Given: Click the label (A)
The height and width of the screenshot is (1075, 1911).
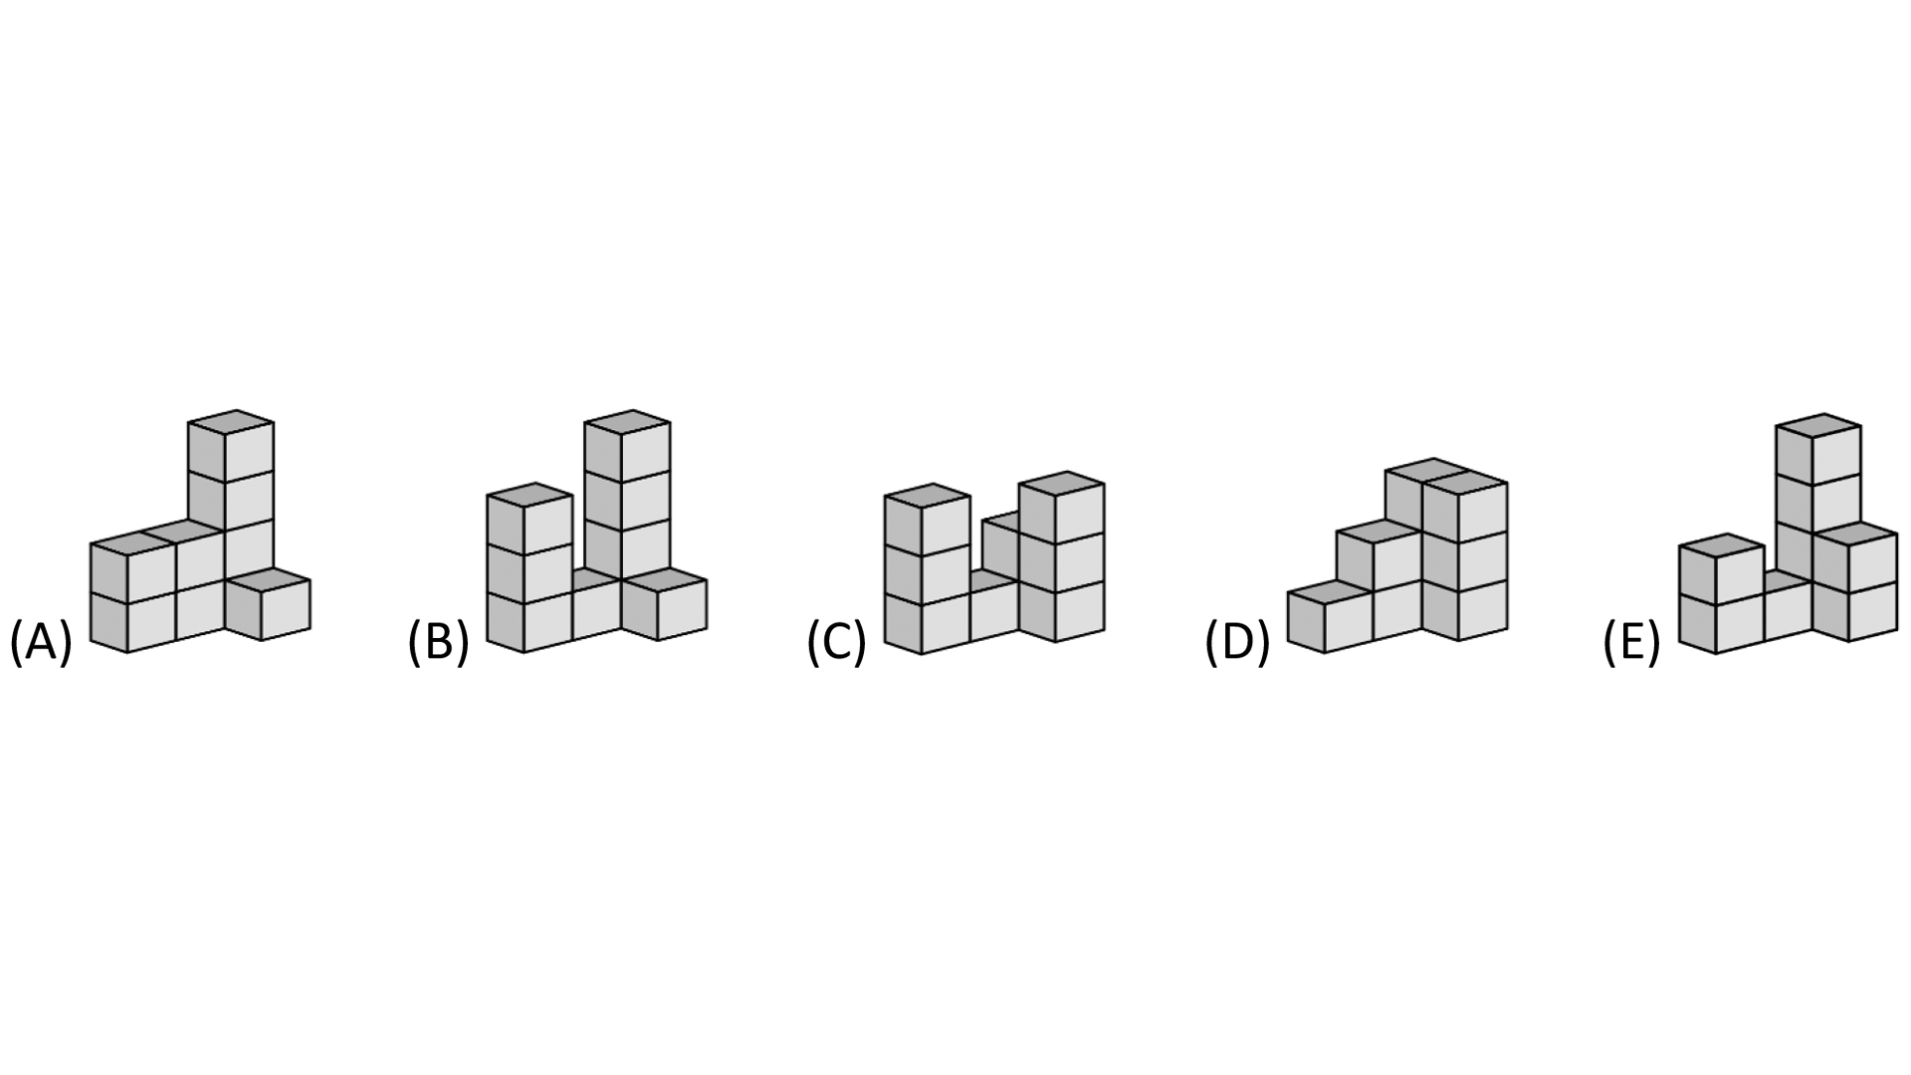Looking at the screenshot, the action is [x=41, y=642].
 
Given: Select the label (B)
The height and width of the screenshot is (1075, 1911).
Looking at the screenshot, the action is [x=438, y=642].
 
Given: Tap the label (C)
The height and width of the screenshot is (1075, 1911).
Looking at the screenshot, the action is [x=836, y=642].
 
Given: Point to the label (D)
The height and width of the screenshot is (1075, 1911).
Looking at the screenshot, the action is [x=1237, y=642].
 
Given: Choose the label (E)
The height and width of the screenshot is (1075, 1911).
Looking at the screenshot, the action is [x=1631, y=642].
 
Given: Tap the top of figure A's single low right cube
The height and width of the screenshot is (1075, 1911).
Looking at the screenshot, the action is [x=267, y=580].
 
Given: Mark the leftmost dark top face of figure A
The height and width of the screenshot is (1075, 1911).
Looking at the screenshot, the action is [x=132, y=543].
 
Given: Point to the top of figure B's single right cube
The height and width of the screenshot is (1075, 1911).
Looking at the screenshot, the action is [x=664, y=580].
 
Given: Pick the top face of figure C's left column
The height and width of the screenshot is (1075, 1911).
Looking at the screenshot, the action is [x=928, y=496].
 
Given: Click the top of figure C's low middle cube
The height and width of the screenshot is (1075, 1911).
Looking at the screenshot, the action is [x=992, y=580].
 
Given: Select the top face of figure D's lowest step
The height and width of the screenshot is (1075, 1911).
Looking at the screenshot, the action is [x=1331, y=592].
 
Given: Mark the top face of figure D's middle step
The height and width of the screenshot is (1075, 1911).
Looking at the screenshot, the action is [x=1380, y=532].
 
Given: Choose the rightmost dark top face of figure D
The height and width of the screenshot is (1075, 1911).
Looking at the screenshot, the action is [x=1465, y=484].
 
